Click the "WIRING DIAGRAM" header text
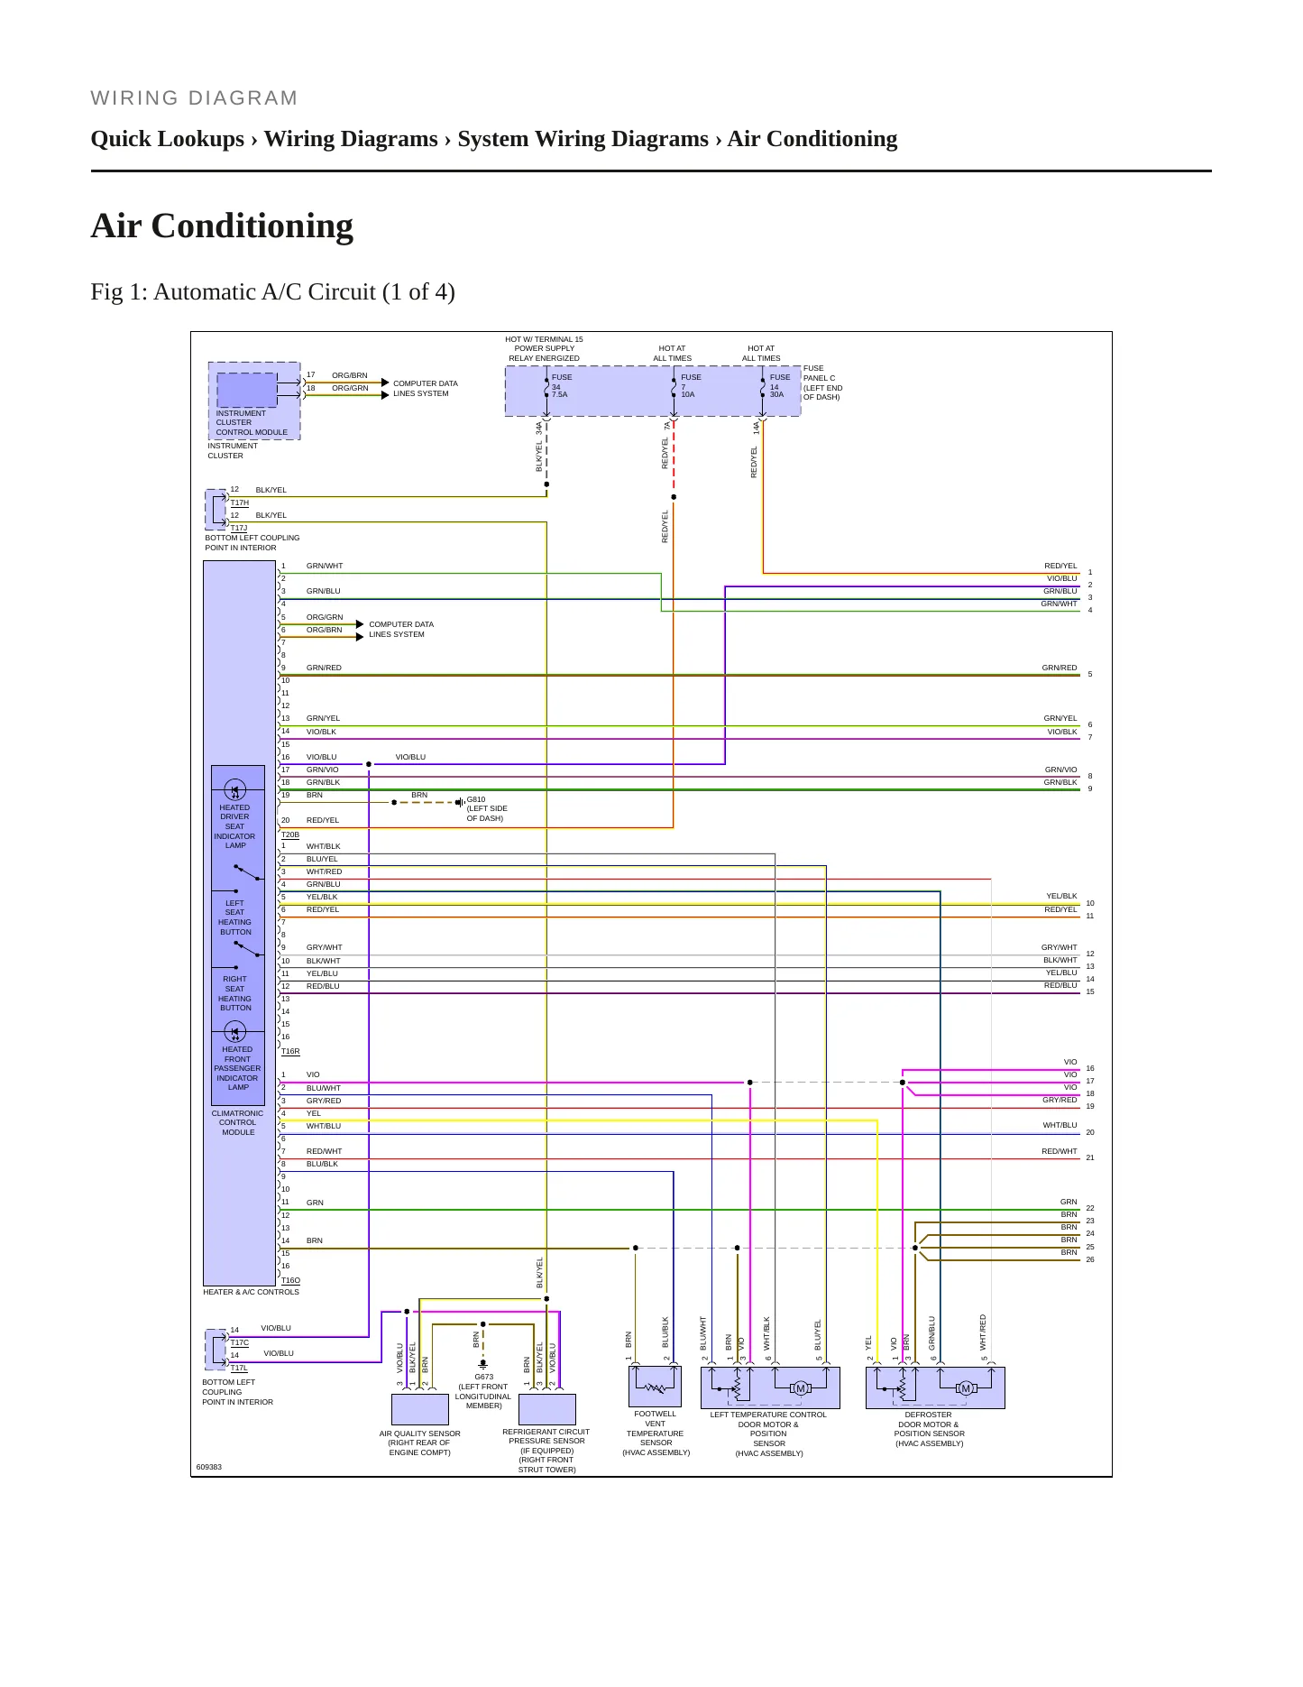point(194,98)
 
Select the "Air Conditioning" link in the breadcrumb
point(812,139)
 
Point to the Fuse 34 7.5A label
point(561,386)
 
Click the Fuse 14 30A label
point(779,386)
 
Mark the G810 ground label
point(486,808)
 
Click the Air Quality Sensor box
point(419,1409)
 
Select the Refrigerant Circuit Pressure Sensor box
point(547,1409)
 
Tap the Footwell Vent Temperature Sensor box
point(655,1387)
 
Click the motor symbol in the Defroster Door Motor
point(966,1388)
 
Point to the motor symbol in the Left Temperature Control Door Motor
point(800,1388)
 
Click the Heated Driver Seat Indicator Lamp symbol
point(234,790)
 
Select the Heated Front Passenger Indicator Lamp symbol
point(234,1032)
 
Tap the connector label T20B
point(290,834)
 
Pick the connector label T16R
point(290,1051)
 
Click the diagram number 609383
point(209,1467)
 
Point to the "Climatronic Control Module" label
point(238,1122)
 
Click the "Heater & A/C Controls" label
point(251,1292)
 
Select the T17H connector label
point(239,502)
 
